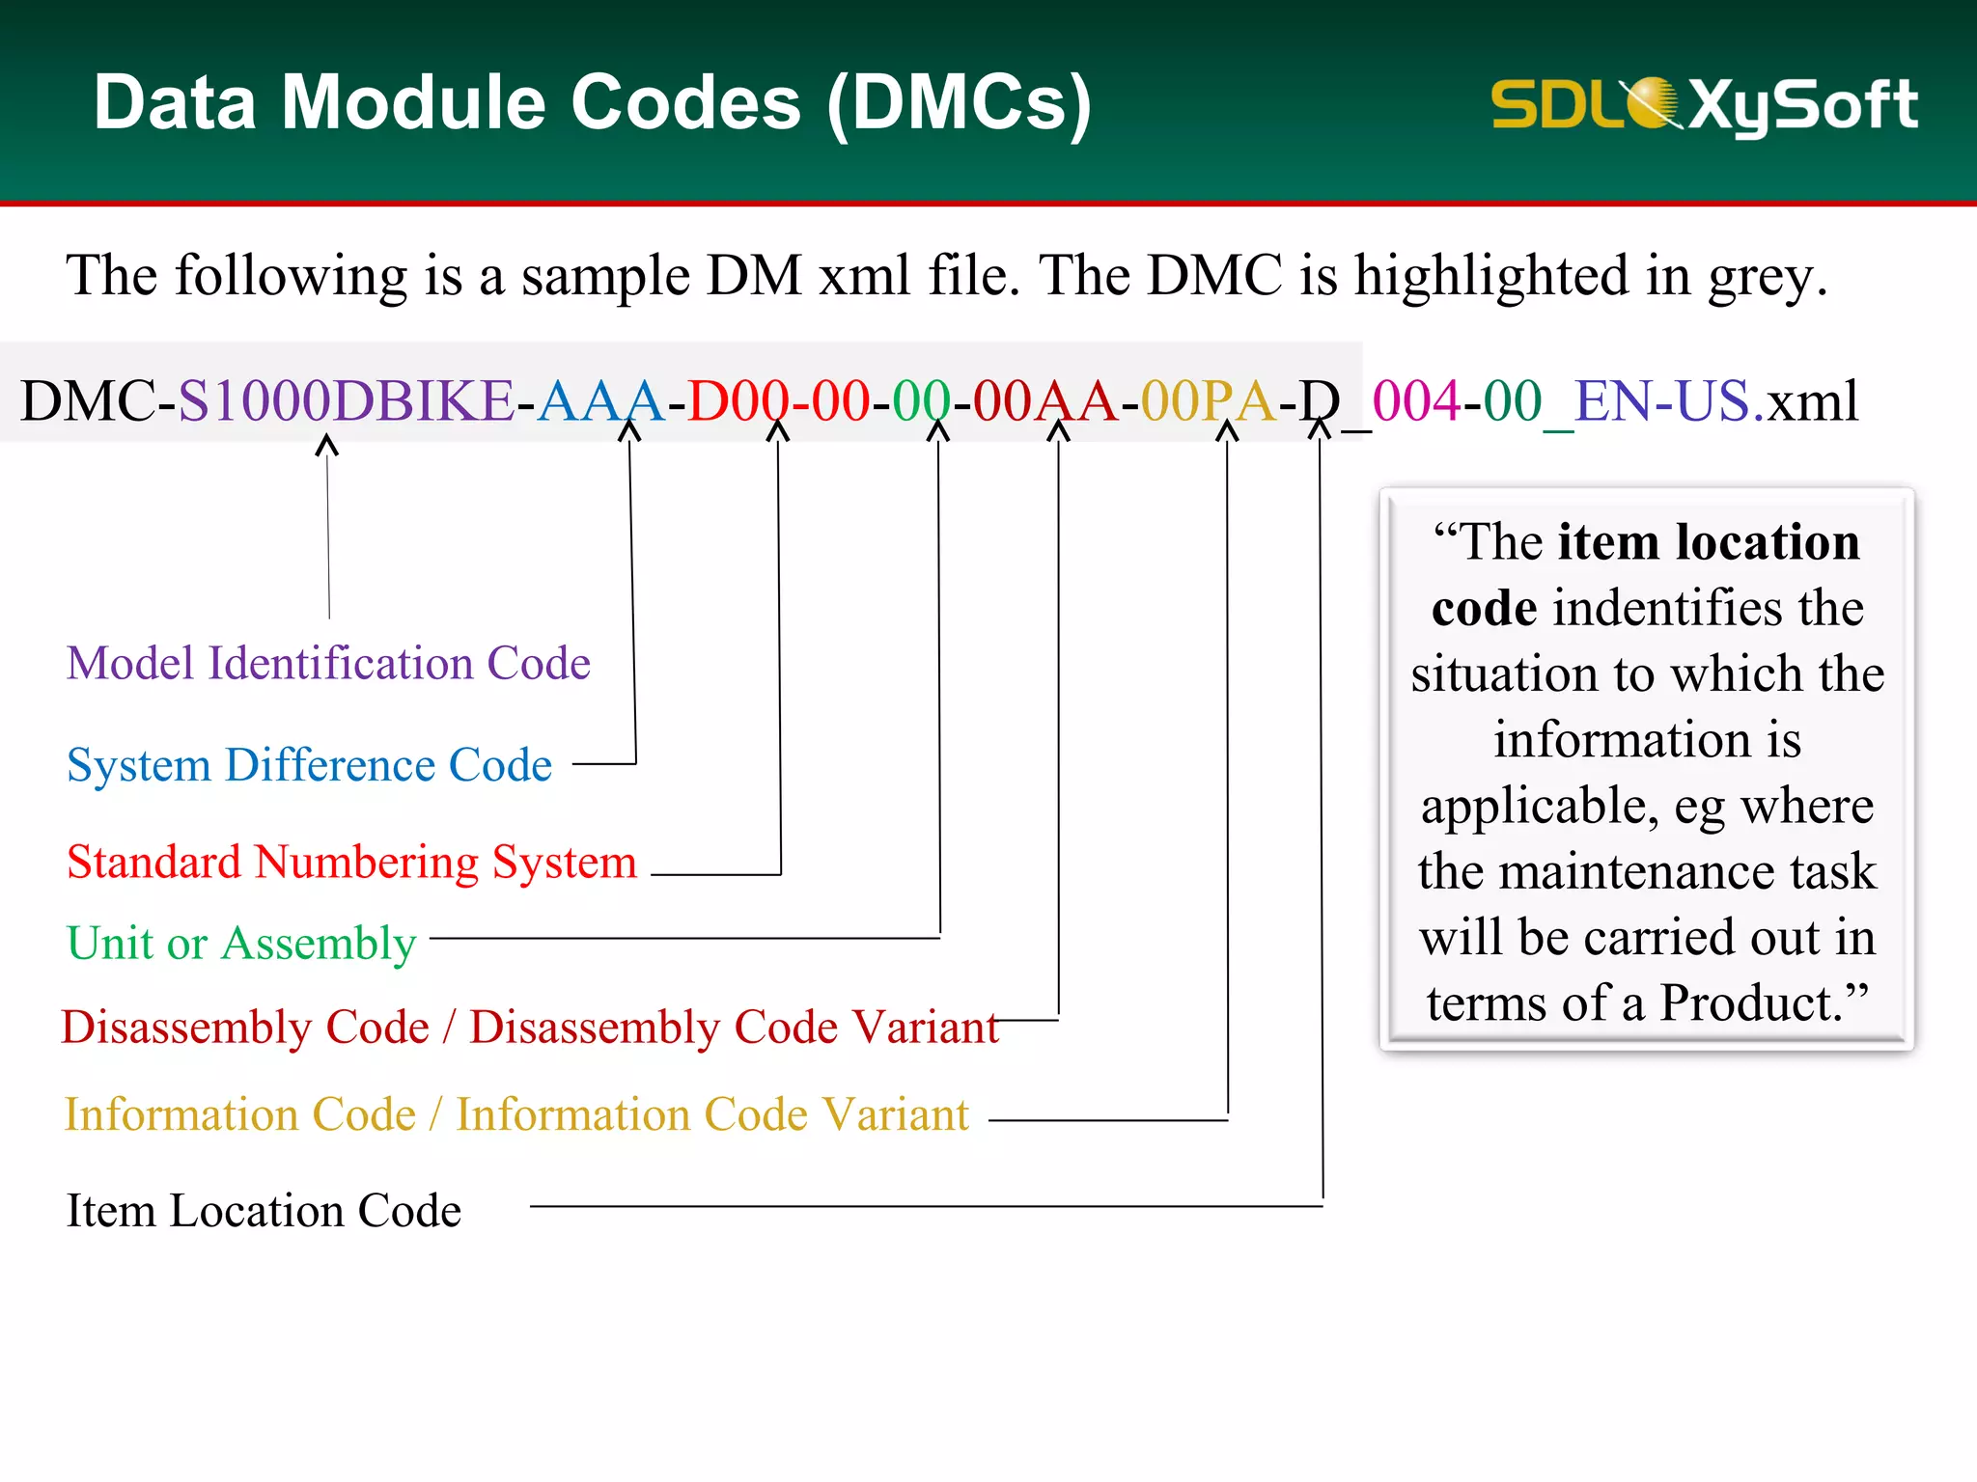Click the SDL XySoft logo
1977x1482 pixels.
1704,104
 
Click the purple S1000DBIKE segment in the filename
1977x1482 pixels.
346,400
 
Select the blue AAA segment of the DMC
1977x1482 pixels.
600,400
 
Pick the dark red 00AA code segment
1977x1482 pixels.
1044,400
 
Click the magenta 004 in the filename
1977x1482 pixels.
1415,400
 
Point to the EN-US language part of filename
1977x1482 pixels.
1660,400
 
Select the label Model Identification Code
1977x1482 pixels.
328,664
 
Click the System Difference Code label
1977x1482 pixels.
309,765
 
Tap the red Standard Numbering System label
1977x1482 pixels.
351,862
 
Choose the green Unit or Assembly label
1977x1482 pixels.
241,944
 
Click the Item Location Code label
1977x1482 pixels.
264,1211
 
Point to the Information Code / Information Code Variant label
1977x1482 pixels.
516,1115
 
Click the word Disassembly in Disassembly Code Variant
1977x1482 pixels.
595,1028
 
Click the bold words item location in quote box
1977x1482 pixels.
1708,542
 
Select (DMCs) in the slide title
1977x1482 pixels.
960,104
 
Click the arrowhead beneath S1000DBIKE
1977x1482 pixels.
327,446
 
